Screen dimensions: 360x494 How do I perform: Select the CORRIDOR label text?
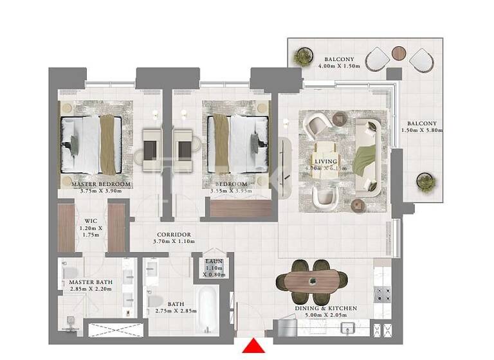pyautogui.click(x=173, y=234)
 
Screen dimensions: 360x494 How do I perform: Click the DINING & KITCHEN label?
pyautogui.click(x=325, y=309)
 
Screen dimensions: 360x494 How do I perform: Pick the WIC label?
pyautogui.click(x=91, y=220)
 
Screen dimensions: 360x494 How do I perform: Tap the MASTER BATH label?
pyautogui.click(x=90, y=282)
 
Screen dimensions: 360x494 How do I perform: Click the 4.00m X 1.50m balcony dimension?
pyautogui.click(x=340, y=65)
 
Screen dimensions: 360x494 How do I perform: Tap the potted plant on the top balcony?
pyautogui.click(x=301, y=58)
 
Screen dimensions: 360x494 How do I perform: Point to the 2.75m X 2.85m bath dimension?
pyautogui.click(x=176, y=311)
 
